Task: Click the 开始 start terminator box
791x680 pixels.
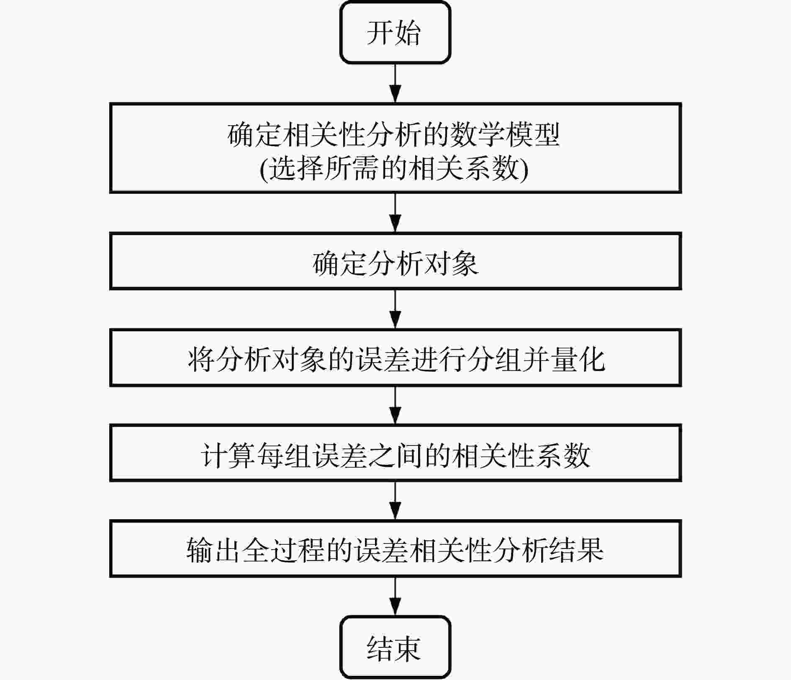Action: tap(395, 33)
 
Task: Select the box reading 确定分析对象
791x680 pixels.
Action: tap(395, 261)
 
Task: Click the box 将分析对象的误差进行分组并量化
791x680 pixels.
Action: tap(395, 358)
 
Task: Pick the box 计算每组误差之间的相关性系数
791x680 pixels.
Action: tap(395, 453)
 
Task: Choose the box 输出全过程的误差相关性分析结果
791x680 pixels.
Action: tap(395, 549)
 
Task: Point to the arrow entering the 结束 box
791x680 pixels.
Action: tap(395, 596)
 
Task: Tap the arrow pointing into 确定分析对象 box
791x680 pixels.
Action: tap(395, 213)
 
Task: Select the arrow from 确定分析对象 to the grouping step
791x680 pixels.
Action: tap(395, 309)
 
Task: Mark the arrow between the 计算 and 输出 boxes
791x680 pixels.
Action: tap(395, 501)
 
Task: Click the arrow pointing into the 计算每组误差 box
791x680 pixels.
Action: tap(395, 405)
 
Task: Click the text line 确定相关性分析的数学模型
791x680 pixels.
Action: tap(393, 135)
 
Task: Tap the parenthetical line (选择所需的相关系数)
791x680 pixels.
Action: tap(393, 169)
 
